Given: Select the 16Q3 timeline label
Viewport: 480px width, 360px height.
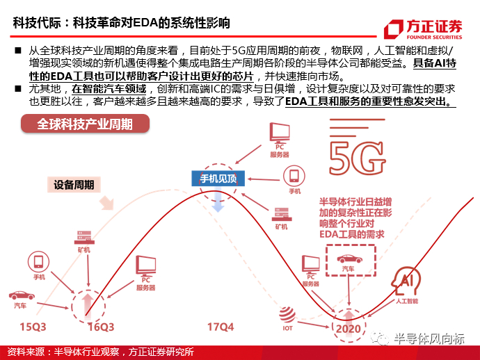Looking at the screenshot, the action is click(102, 325).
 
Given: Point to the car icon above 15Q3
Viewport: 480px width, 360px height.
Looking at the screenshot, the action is click(19, 295).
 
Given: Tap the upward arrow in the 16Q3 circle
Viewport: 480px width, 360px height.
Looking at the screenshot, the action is click(88, 304).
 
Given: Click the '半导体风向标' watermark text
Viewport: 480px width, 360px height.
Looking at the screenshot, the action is click(429, 338).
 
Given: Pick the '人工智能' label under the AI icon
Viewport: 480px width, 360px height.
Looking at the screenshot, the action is click(407, 301).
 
